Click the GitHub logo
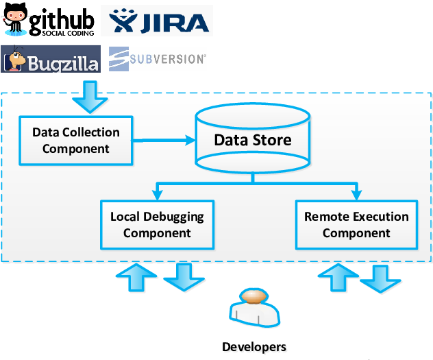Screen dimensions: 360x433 click(49, 20)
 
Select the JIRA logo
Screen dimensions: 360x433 click(157, 21)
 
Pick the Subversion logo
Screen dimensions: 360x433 click(157, 59)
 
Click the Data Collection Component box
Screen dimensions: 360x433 click(75, 140)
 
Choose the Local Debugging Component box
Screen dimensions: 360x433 click(157, 224)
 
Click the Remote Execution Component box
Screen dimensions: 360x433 click(356, 224)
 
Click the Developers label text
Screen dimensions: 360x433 click(256, 348)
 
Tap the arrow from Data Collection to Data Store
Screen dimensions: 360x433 click(164, 140)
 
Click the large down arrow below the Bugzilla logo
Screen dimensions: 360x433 click(90, 97)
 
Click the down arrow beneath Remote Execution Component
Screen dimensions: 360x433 click(381, 278)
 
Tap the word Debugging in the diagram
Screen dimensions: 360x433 click(173, 217)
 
